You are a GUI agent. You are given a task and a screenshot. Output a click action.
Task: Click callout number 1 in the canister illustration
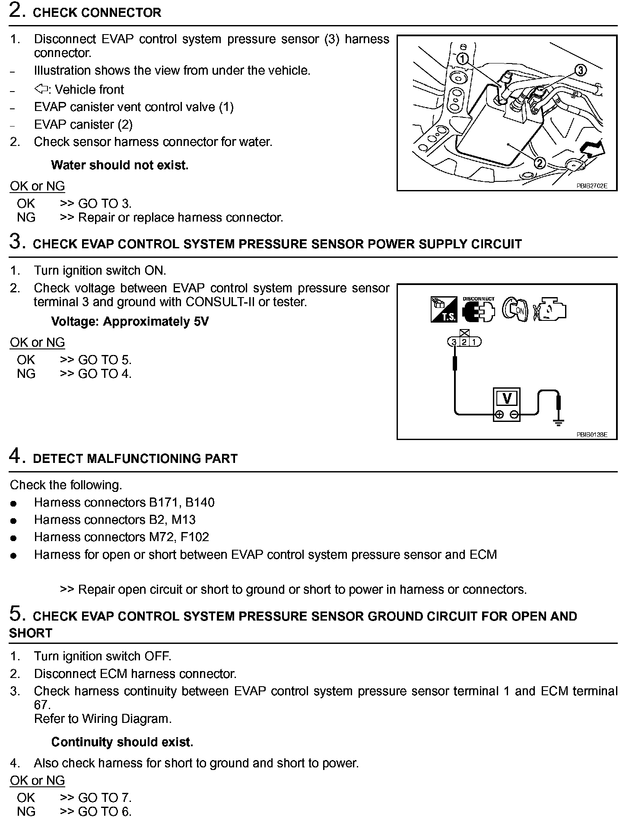tap(462, 59)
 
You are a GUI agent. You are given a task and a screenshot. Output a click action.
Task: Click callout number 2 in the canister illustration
tap(540, 163)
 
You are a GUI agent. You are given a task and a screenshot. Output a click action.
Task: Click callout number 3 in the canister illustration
tap(580, 70)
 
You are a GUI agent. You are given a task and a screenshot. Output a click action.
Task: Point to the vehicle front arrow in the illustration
tap(593, 149)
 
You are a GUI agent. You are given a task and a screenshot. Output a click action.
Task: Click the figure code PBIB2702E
tap(591, 186)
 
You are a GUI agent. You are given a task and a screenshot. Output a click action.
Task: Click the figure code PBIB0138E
tap(591, 435)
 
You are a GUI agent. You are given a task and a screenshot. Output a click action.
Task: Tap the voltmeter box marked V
tap(507, 398)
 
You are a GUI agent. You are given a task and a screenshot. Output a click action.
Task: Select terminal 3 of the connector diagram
tap(454, 342)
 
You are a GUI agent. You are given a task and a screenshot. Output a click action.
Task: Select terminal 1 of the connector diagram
tap(474, 342)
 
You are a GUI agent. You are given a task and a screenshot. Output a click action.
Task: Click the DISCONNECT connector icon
tap(478, 310)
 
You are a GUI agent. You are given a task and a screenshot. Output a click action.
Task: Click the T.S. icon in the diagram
tap(444, 310)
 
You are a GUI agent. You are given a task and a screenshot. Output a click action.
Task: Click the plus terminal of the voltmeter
tap(499, 415)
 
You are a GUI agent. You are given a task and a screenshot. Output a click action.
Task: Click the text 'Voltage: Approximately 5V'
tap(130, 322)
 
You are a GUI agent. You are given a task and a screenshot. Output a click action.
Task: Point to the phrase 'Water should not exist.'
tap(120, 165)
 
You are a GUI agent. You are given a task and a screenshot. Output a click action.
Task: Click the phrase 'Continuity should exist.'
tap(122, 742)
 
